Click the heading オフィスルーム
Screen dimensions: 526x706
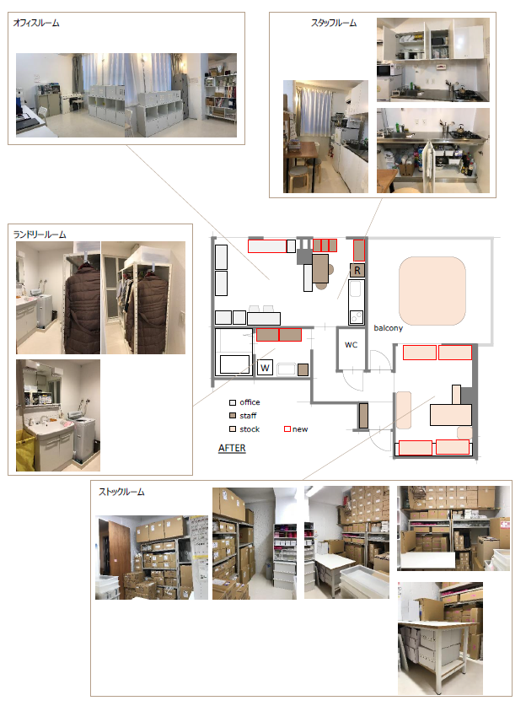coord(36,23)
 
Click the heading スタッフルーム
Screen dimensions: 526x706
coord(334,23)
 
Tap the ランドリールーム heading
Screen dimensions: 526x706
coord(40,234)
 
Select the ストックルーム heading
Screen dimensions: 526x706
coord(121,492)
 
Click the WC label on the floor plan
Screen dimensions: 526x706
coord(351,345)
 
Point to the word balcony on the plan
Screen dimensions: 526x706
coord(389,328)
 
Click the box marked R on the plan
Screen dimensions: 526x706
coord(357,270)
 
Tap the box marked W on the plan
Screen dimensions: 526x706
coord(265,368)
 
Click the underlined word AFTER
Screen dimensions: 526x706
coord(232,448)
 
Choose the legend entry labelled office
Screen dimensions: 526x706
coord(244,402)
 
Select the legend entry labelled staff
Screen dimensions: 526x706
coord(243,416)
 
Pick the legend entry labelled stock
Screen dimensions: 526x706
coord(244,429)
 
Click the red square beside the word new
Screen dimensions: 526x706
coord(287,429)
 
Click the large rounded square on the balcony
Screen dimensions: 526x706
coord(432,291)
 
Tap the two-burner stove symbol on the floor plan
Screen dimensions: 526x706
coord(357,317)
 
